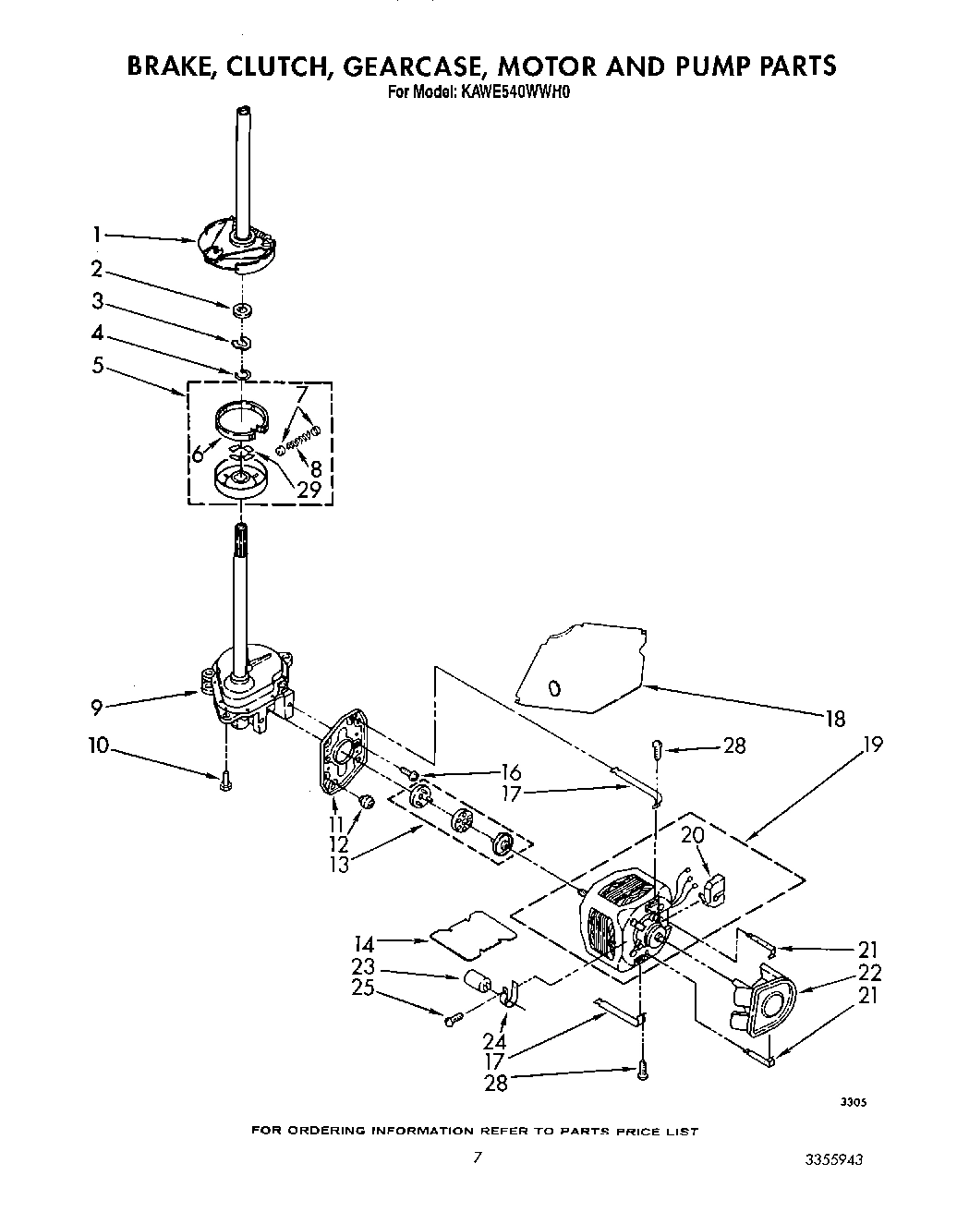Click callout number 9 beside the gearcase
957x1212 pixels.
pyautogui.click(x=96, y=708)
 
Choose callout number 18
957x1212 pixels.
pyautogui.click(x=835, y=719)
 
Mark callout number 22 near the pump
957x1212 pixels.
pyautogui.click(x=869, y=972)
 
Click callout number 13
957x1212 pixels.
pyautogui.click(x=341, y=866)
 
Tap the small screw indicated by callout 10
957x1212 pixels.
pyautogui.click(x=224, y=782)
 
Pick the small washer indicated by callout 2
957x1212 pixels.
pyautogui.click(x=242, y=309)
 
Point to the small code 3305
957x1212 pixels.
pyautogui.click(x=853, y=1102)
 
